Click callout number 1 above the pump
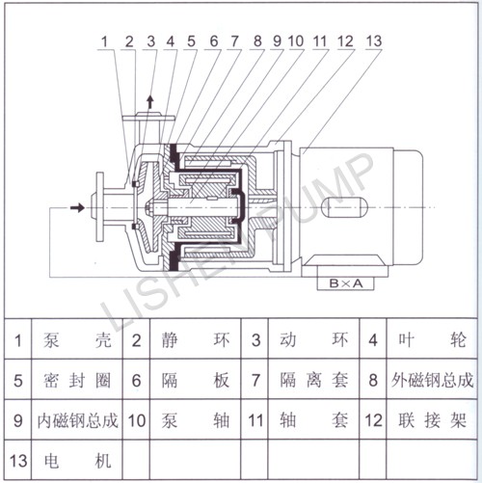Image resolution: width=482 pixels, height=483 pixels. point(104,41)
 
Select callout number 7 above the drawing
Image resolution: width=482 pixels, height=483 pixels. point(235,41)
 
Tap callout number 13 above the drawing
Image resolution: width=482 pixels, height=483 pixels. point(374,41)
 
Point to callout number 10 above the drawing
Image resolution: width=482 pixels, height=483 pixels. point(296,41)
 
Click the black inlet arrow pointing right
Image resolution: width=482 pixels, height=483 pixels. point(77,207)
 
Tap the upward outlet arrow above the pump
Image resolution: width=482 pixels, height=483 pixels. point(150,101)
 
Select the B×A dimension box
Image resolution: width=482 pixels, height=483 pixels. point(346,283)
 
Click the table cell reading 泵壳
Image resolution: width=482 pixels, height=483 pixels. point(77,339)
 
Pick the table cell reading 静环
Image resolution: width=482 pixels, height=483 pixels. point(196,339)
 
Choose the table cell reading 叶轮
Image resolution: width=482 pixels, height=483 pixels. point(432,339)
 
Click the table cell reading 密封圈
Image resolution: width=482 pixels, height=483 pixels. point(77,380)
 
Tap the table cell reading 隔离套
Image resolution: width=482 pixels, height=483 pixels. point(313,380)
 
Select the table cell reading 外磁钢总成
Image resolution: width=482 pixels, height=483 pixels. point(432,380)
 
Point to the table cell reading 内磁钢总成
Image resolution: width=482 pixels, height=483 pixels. point(77,420)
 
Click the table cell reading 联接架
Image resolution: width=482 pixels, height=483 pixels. point(432,420)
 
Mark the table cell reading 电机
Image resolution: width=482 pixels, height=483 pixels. point(77,460)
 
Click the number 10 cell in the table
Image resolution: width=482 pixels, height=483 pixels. point(137,420)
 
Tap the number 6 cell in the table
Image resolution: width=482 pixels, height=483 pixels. point(137,380)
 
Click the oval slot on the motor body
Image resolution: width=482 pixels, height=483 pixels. point(344,207)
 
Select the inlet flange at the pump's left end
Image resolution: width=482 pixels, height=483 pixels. point(100,207)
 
